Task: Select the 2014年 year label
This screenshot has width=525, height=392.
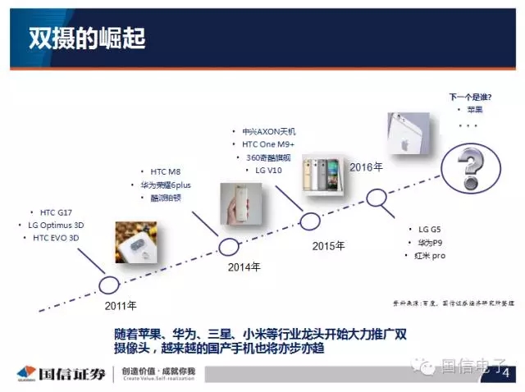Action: [x=244, y=267]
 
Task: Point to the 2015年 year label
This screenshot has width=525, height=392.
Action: [x=328, y=245]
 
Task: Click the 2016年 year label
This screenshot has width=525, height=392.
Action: [x=366, y=167]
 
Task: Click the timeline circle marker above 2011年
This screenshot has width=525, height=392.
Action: [x=108, y=285]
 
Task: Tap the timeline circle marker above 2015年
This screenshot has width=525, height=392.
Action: [x=310, y=220]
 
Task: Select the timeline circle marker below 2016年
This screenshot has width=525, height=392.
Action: [x=377, y=197]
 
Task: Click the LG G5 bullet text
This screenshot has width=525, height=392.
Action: [x=429, y=230]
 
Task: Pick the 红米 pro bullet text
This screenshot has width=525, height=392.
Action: [x=429, y=256]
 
